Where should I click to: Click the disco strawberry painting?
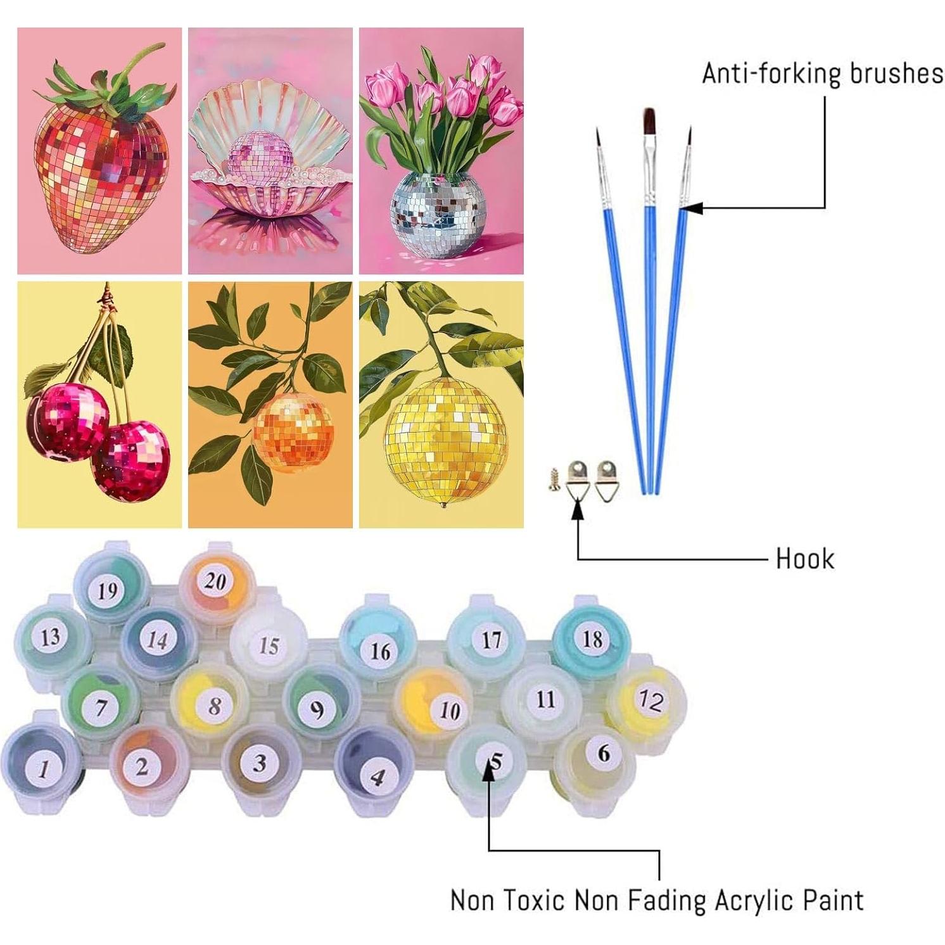[x=99, y=151]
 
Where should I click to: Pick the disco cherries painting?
[x=99, y=404]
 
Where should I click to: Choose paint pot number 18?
[x=592, y=638]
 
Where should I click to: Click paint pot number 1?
[x=42, y=768]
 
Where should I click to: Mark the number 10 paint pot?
[x=448, y=710]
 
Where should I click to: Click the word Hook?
[x=804, y=559]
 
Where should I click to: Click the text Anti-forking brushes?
[x=822, y=73]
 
